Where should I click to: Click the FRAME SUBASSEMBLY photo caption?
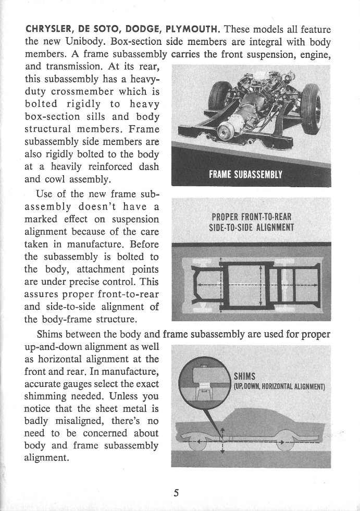[245, 174]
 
